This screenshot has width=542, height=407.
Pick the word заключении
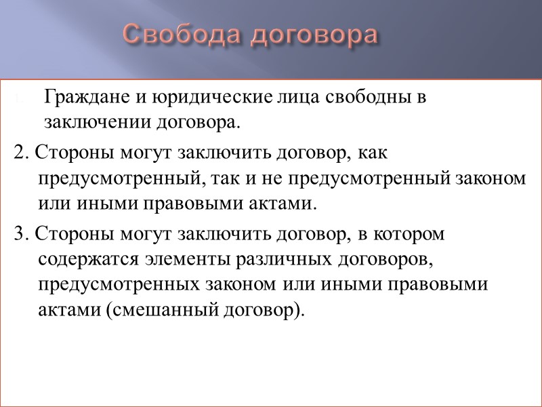93,123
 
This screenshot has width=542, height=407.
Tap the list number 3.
19,235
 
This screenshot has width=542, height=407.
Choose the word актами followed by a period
275,203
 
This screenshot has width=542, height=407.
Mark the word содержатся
83,259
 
